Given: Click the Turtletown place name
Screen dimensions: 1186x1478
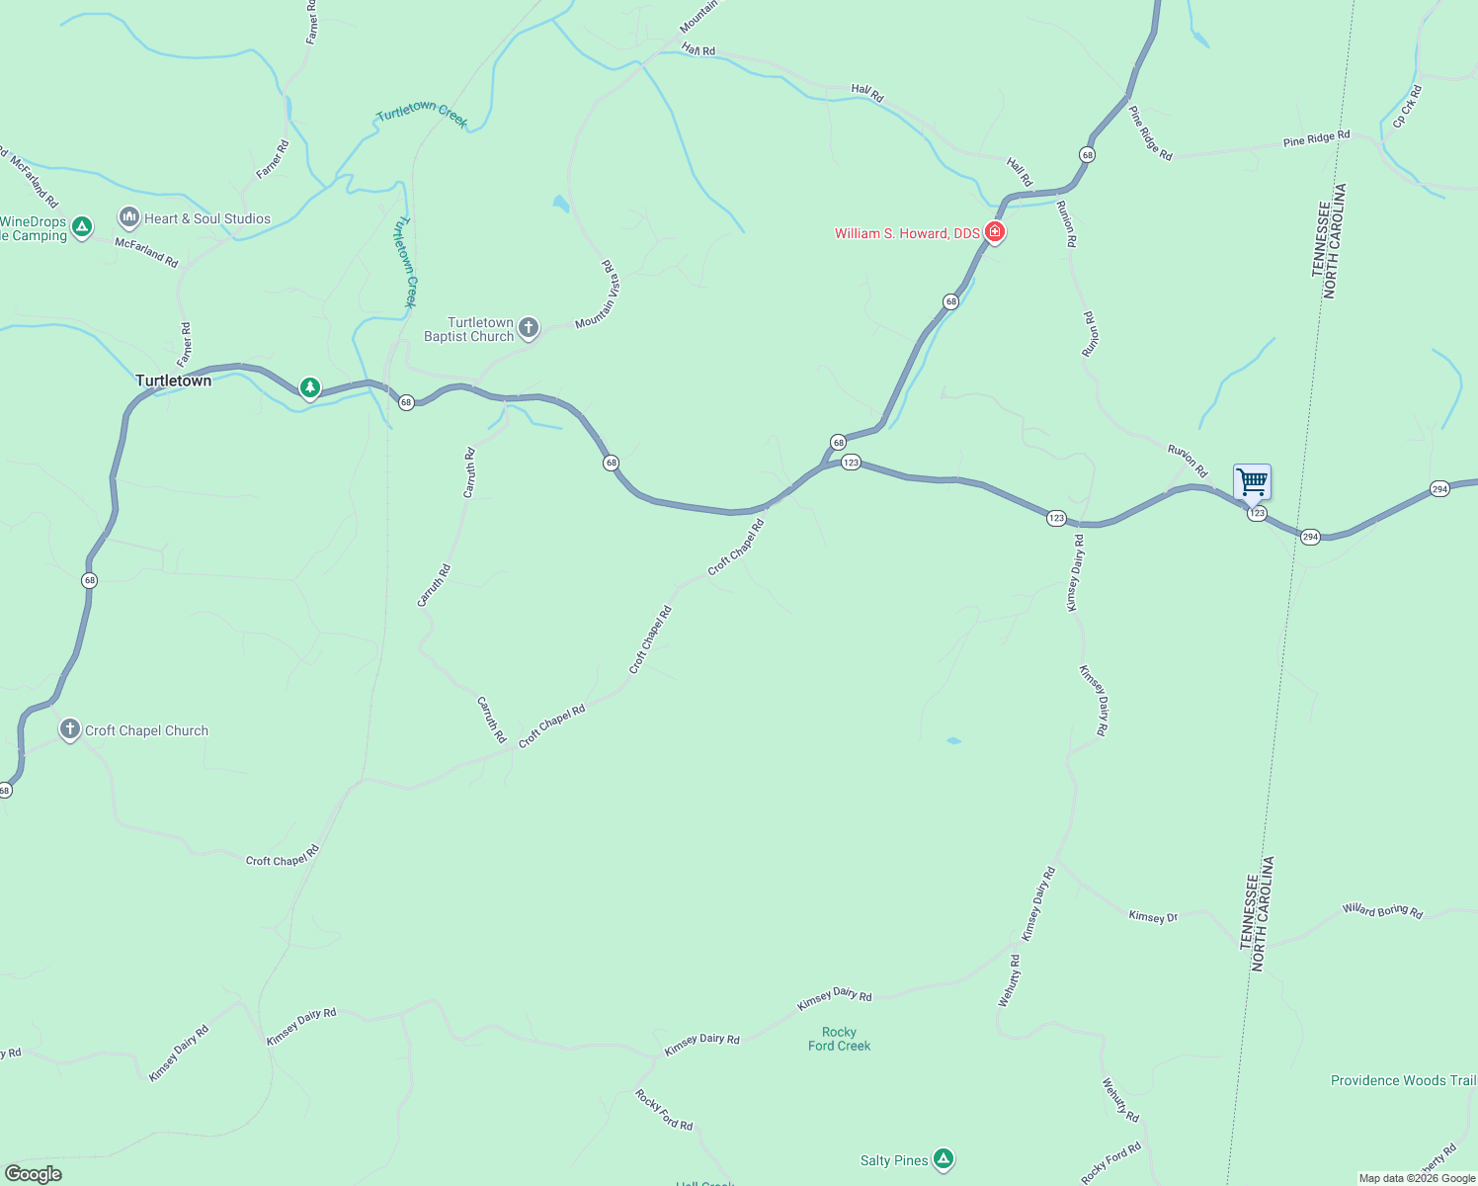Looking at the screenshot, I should click(x=173, y=381).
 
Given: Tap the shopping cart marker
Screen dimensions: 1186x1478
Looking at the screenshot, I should click(x=1252, y=482).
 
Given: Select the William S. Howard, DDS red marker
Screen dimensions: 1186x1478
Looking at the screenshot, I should click(x=995, y=233).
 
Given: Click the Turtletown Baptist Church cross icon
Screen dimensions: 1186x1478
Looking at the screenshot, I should click(x=529, y=328).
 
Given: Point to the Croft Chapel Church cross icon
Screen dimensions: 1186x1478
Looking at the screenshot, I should click(x=69, y=730).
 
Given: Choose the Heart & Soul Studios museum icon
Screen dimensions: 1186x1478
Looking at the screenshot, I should click(x=128, y=217).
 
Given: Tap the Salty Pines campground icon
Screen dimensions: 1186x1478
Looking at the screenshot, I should click(x=944, y=1159).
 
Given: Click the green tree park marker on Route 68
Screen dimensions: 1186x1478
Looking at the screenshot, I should click(x=310, y=387).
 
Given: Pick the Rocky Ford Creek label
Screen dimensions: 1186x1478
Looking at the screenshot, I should click(x=839, y=1039).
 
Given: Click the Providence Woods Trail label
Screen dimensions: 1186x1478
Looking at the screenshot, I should click(x=1403, y=1080).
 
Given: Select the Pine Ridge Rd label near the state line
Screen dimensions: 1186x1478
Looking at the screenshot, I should click(x=1316, y=139).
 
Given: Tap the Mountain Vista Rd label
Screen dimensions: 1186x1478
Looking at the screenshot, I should click(x=599, y=295).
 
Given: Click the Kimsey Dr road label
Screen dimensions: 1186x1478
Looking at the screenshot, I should click(x=1153, y=917).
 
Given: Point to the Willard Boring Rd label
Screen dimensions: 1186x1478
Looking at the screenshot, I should click(x=1382, y=910).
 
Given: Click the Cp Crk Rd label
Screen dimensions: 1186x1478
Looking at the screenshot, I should click(x=1407, y=107).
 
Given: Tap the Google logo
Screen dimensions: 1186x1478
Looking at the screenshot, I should click(x=33, y=1174).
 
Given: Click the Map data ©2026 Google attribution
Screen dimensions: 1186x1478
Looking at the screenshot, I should click(x=1417, y=1178).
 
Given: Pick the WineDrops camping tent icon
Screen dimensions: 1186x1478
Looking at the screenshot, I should click(x=82, y=227).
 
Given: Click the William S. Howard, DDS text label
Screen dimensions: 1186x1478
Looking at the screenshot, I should click(x=907, y=233).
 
